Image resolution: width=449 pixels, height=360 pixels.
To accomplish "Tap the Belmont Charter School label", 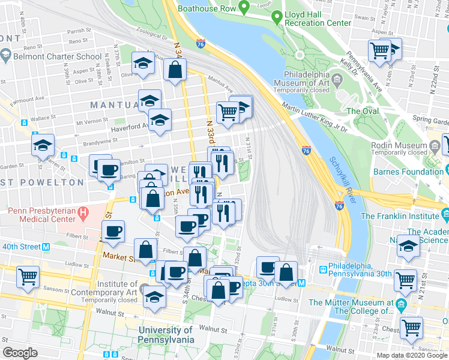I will coord(59,57).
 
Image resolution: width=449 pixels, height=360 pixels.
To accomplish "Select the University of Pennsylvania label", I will coord(166,335).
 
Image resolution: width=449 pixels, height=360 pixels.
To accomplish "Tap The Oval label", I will coord(363,111).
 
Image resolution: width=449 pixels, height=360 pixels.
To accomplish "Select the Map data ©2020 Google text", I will coord(412,355).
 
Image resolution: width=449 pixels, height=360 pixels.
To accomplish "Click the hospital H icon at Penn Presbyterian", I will coord(83,212).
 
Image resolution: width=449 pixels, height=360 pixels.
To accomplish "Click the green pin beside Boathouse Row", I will coord(244,7).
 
